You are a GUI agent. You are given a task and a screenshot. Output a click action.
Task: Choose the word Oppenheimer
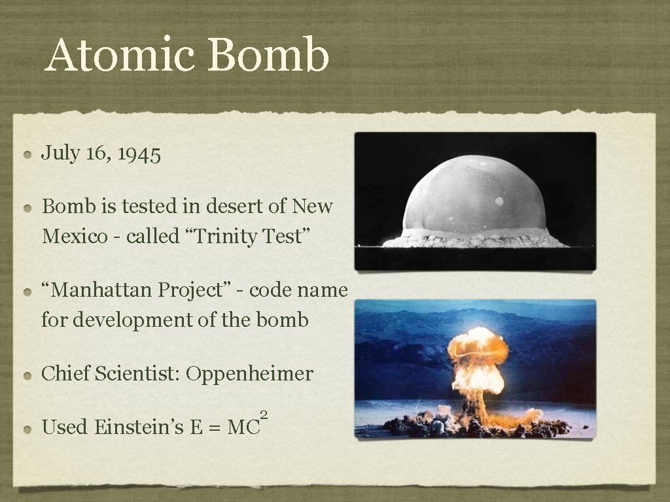click(x=249, y=374)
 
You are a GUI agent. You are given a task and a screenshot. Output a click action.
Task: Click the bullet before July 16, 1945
click(x=27, y=156)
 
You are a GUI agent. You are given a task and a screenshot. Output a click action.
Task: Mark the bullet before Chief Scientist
click(x=27, y=376)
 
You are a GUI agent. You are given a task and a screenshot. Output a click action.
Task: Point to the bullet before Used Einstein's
click(x=27, y=429)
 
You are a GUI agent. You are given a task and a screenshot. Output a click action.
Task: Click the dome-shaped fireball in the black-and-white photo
click(x=475, y=196)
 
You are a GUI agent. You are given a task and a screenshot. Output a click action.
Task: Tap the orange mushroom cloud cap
click(x=478, y=346)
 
